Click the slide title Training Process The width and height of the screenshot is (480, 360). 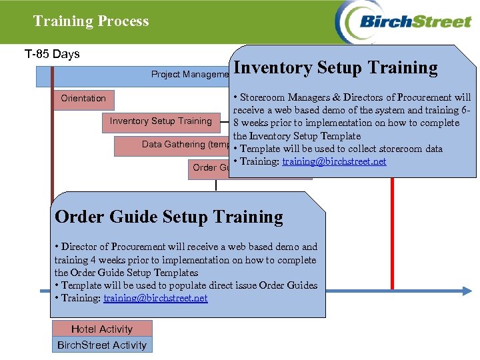point(91,21)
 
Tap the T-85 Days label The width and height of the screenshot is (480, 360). point(51,54)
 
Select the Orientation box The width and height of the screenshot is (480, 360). point(83,99)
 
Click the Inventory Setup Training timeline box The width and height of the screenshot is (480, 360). point(160,121)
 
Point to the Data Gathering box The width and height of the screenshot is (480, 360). point(173,145)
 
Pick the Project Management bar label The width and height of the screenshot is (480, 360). point(189,74)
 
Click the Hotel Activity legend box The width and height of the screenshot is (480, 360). point(102,329)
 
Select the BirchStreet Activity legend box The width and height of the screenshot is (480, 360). point(102,345)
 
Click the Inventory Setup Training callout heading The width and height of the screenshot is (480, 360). point(336,68)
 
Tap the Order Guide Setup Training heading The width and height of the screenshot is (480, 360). point(169,217)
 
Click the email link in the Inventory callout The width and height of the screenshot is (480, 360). point(334,161)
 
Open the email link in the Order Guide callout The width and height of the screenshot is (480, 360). point(155,298)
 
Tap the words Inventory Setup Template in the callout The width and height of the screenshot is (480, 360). point(297,136)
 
